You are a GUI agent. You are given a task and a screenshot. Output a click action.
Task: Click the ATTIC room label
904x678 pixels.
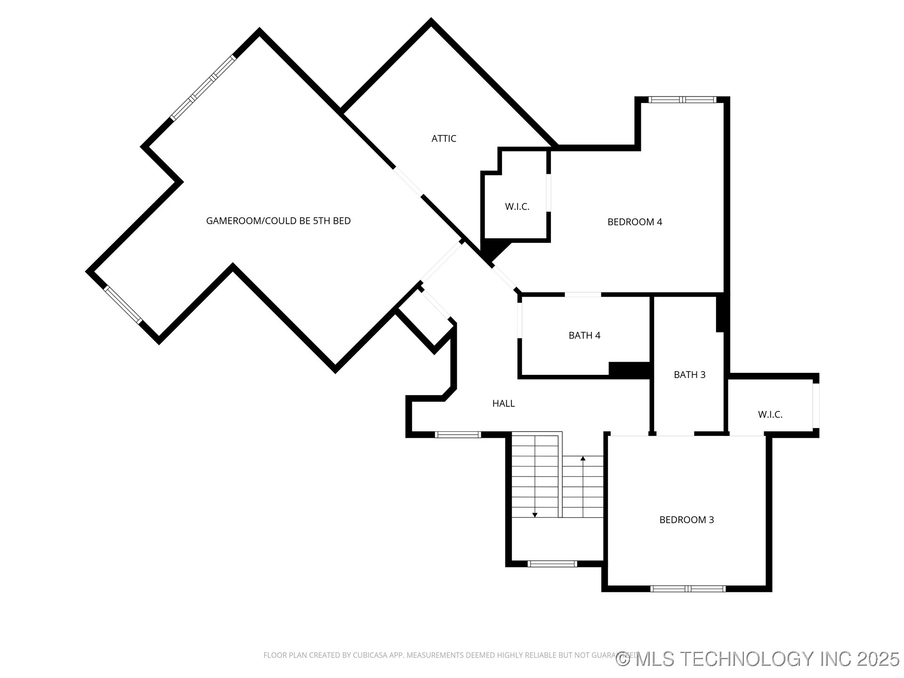pos(444,138)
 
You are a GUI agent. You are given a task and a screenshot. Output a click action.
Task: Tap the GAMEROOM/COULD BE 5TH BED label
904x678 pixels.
pos(278,221)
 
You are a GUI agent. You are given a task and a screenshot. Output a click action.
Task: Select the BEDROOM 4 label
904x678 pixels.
pos(635,222)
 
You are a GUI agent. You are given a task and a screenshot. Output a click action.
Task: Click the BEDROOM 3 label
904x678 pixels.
pos(686,520)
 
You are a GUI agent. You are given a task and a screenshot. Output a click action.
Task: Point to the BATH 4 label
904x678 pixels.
pos(584,335)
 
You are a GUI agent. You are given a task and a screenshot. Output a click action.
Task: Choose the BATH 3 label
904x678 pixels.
pos(689,375)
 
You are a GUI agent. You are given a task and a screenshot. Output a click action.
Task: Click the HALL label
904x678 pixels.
pos(503,404)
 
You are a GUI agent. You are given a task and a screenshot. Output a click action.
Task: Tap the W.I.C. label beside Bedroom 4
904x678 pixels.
pos(517,207)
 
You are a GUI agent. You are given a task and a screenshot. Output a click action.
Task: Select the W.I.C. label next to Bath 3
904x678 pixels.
pos(770,415)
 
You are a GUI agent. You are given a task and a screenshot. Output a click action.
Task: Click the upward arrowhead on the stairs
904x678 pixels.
pos(583,458)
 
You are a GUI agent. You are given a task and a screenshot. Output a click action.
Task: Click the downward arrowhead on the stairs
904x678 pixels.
pos(535,515)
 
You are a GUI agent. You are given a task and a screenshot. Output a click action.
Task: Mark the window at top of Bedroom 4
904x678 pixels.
pos(682,99)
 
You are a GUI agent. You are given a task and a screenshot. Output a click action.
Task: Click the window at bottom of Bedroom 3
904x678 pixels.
pos(688,589)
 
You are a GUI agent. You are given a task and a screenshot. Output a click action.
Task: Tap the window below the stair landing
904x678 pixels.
pos(552,564)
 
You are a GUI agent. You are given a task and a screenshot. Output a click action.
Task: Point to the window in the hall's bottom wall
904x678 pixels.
pos(458,435)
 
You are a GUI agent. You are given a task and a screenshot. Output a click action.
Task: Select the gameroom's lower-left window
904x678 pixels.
pos(122,305)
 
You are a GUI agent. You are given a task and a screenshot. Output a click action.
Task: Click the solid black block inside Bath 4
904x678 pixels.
pos(629,369)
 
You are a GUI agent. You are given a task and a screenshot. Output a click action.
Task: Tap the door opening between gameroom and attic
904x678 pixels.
pos(408,181)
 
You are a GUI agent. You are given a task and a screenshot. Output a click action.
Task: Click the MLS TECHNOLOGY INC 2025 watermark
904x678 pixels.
pos(758,659)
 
